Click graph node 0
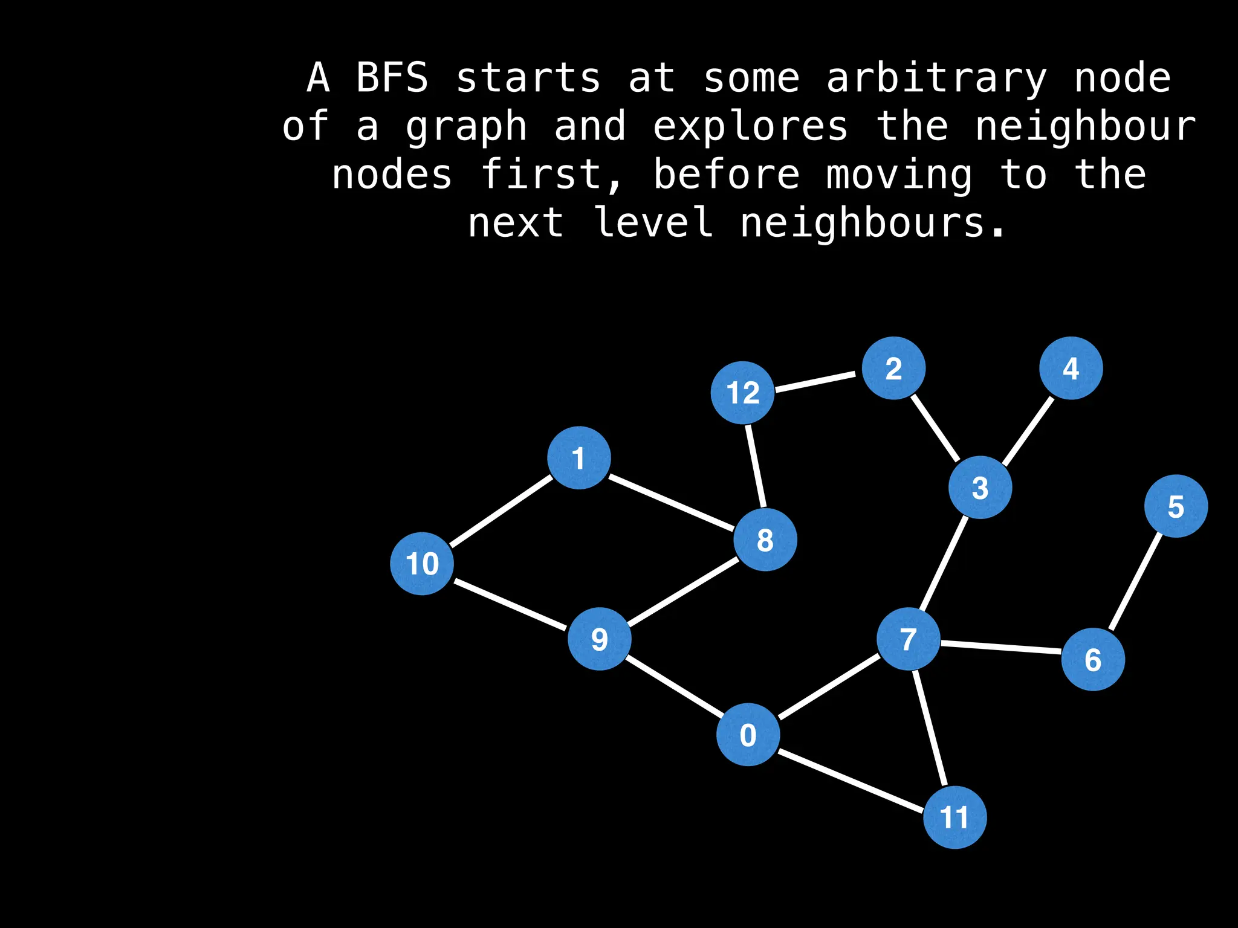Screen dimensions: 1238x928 (x=748, y=735)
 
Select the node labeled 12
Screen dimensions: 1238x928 (x=742, y=393)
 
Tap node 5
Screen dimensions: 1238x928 (x=1176, y=506)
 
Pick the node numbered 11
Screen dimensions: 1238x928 (x=954, y=817)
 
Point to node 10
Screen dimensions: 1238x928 (x=422, y=564)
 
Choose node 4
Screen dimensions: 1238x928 (x=1071, y=368)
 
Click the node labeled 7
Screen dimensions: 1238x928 (x=908, y=639)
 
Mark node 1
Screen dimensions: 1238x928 (x=579, y=458)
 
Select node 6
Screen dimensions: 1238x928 (x=1093, y=659)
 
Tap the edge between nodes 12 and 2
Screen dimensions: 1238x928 (x=816, y=382)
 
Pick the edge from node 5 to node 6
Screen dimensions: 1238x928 (x=1136, y=581)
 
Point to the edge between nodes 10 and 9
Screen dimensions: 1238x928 (x=511, y=604)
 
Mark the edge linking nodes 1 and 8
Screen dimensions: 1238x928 (x=671, y=503)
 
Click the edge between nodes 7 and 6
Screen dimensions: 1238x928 (x=1000, y=648)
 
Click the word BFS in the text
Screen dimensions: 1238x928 (x=392, y=79)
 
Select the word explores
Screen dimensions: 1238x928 (x=751, y=127)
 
